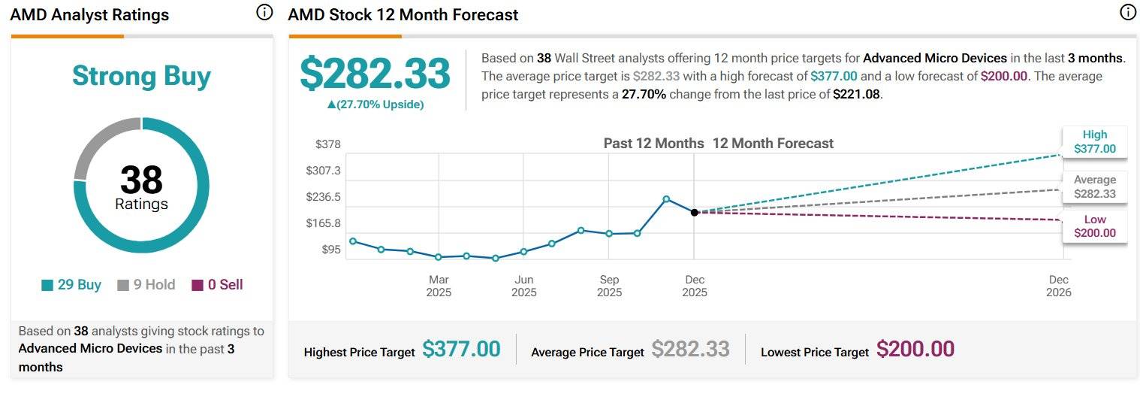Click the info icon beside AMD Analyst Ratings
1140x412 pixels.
[x=264, y=12]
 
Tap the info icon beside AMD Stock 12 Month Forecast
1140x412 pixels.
[x=1127, y=12]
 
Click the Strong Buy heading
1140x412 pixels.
[x=141, y=76]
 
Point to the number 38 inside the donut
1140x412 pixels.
[x=141, y=180]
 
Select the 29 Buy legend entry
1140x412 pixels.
[x=71, y=285]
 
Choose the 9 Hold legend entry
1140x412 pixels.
[x=146, y=285]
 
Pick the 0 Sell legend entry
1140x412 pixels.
[x=218, y=285]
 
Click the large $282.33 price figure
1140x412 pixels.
[x=375, y=74]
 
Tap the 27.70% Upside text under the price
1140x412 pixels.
[x=375, y=105]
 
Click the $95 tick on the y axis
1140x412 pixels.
[x=331, y=250]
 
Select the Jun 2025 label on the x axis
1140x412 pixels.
[x=524, y=286]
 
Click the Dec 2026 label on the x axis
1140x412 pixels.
[x=1059, y=286]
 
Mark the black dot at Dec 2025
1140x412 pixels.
[x=695, y=213]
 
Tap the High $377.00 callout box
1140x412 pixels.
[x=1094, y=141]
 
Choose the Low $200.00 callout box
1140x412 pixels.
[x=1094, y=226]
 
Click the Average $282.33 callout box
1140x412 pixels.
[x=1094, y=186]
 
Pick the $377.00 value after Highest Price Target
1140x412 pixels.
[x=461, y=350]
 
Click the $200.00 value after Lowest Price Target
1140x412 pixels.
[x=915, y=350]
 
